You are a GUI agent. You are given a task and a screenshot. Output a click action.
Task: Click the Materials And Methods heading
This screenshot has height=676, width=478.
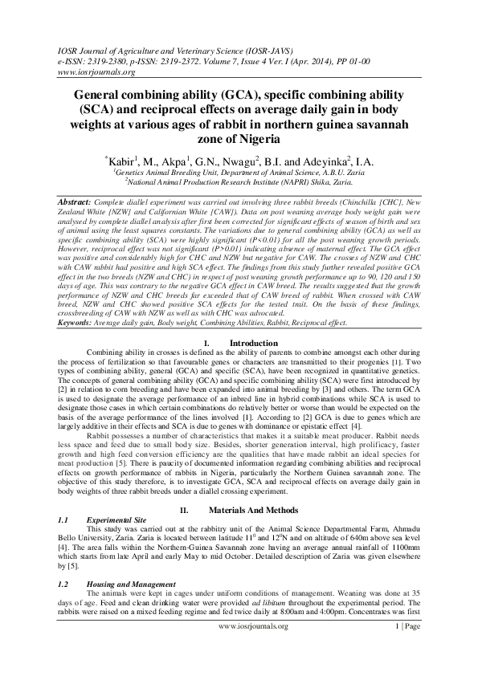coord(260,510)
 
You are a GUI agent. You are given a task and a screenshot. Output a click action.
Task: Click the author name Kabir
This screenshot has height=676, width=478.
coord(125,162)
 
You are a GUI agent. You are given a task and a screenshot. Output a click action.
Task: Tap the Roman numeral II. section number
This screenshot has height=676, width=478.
coord(183,510)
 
